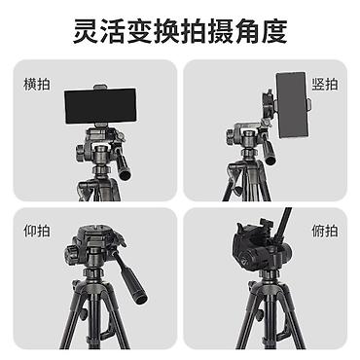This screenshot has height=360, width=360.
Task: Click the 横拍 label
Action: tap(37, 85)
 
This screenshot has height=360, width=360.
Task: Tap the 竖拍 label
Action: tap(325, 85)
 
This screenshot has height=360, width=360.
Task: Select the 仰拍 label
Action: tap(37, 231)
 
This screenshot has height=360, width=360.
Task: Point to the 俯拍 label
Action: tap(325, 231)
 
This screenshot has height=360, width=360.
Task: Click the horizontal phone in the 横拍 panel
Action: tap(100, 106)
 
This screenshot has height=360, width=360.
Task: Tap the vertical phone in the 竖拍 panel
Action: tap(291, 105)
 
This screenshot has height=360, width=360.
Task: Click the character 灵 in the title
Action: tap(86, 31)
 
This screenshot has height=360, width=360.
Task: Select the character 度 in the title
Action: tap(274, 31)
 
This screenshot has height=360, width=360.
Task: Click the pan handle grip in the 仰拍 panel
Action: tap(133, 284)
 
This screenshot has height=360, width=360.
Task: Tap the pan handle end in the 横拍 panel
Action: tap(125, 175)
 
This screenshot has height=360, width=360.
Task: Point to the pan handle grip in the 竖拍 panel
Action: tap(270, 153)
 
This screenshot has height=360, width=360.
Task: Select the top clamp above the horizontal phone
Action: tap(100, 87)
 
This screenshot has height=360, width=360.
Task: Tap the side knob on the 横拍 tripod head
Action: tap(80, 153)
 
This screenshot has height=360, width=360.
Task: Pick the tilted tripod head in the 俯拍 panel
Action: tap(261, 246)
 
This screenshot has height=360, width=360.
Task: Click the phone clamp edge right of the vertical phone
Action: tap(309, 104)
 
